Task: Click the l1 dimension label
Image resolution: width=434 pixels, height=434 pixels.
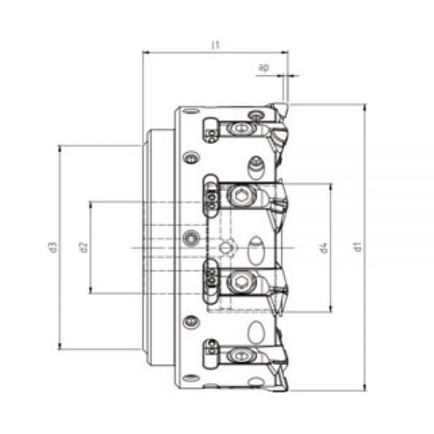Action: [x=215, y=45]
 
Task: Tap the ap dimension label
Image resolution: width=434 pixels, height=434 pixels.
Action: [x=264, y=68]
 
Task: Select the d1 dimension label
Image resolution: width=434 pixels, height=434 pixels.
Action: [x=357, y=247]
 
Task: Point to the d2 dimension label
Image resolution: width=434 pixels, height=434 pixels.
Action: [x=83, y=247]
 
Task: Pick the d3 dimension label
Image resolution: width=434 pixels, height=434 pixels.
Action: [x=52, y=247]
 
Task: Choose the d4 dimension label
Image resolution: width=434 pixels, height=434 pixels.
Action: [x=324, y=248]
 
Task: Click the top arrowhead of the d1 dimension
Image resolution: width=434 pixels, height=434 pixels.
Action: [x=365, y=107]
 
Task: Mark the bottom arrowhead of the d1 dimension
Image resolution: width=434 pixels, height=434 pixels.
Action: [x=365, y=388]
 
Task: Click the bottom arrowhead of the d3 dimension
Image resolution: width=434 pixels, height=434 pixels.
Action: [x=60, y=346]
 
